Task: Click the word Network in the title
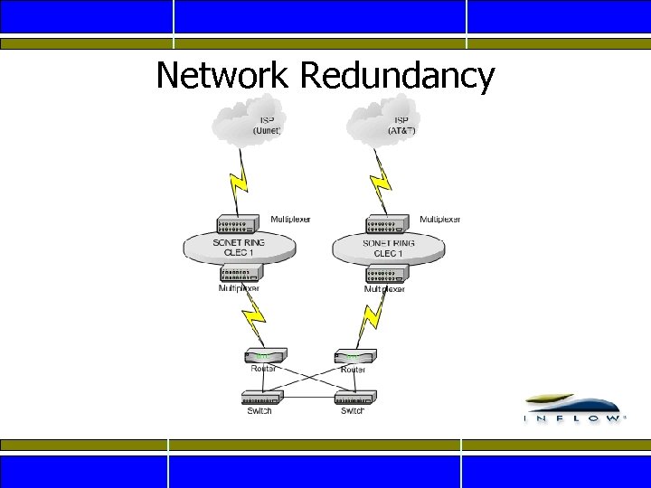[222, 76]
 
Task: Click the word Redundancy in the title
[397, 76]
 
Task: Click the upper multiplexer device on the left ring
[239, 224]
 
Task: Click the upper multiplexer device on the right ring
[386, 224]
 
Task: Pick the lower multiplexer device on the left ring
[239, 273]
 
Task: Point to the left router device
[262, 356]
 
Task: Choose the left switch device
[262, 398]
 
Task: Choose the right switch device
[354, 398]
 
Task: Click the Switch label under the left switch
[259, 411]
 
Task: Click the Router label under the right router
[354, 370]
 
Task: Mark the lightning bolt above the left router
[252, 316]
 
